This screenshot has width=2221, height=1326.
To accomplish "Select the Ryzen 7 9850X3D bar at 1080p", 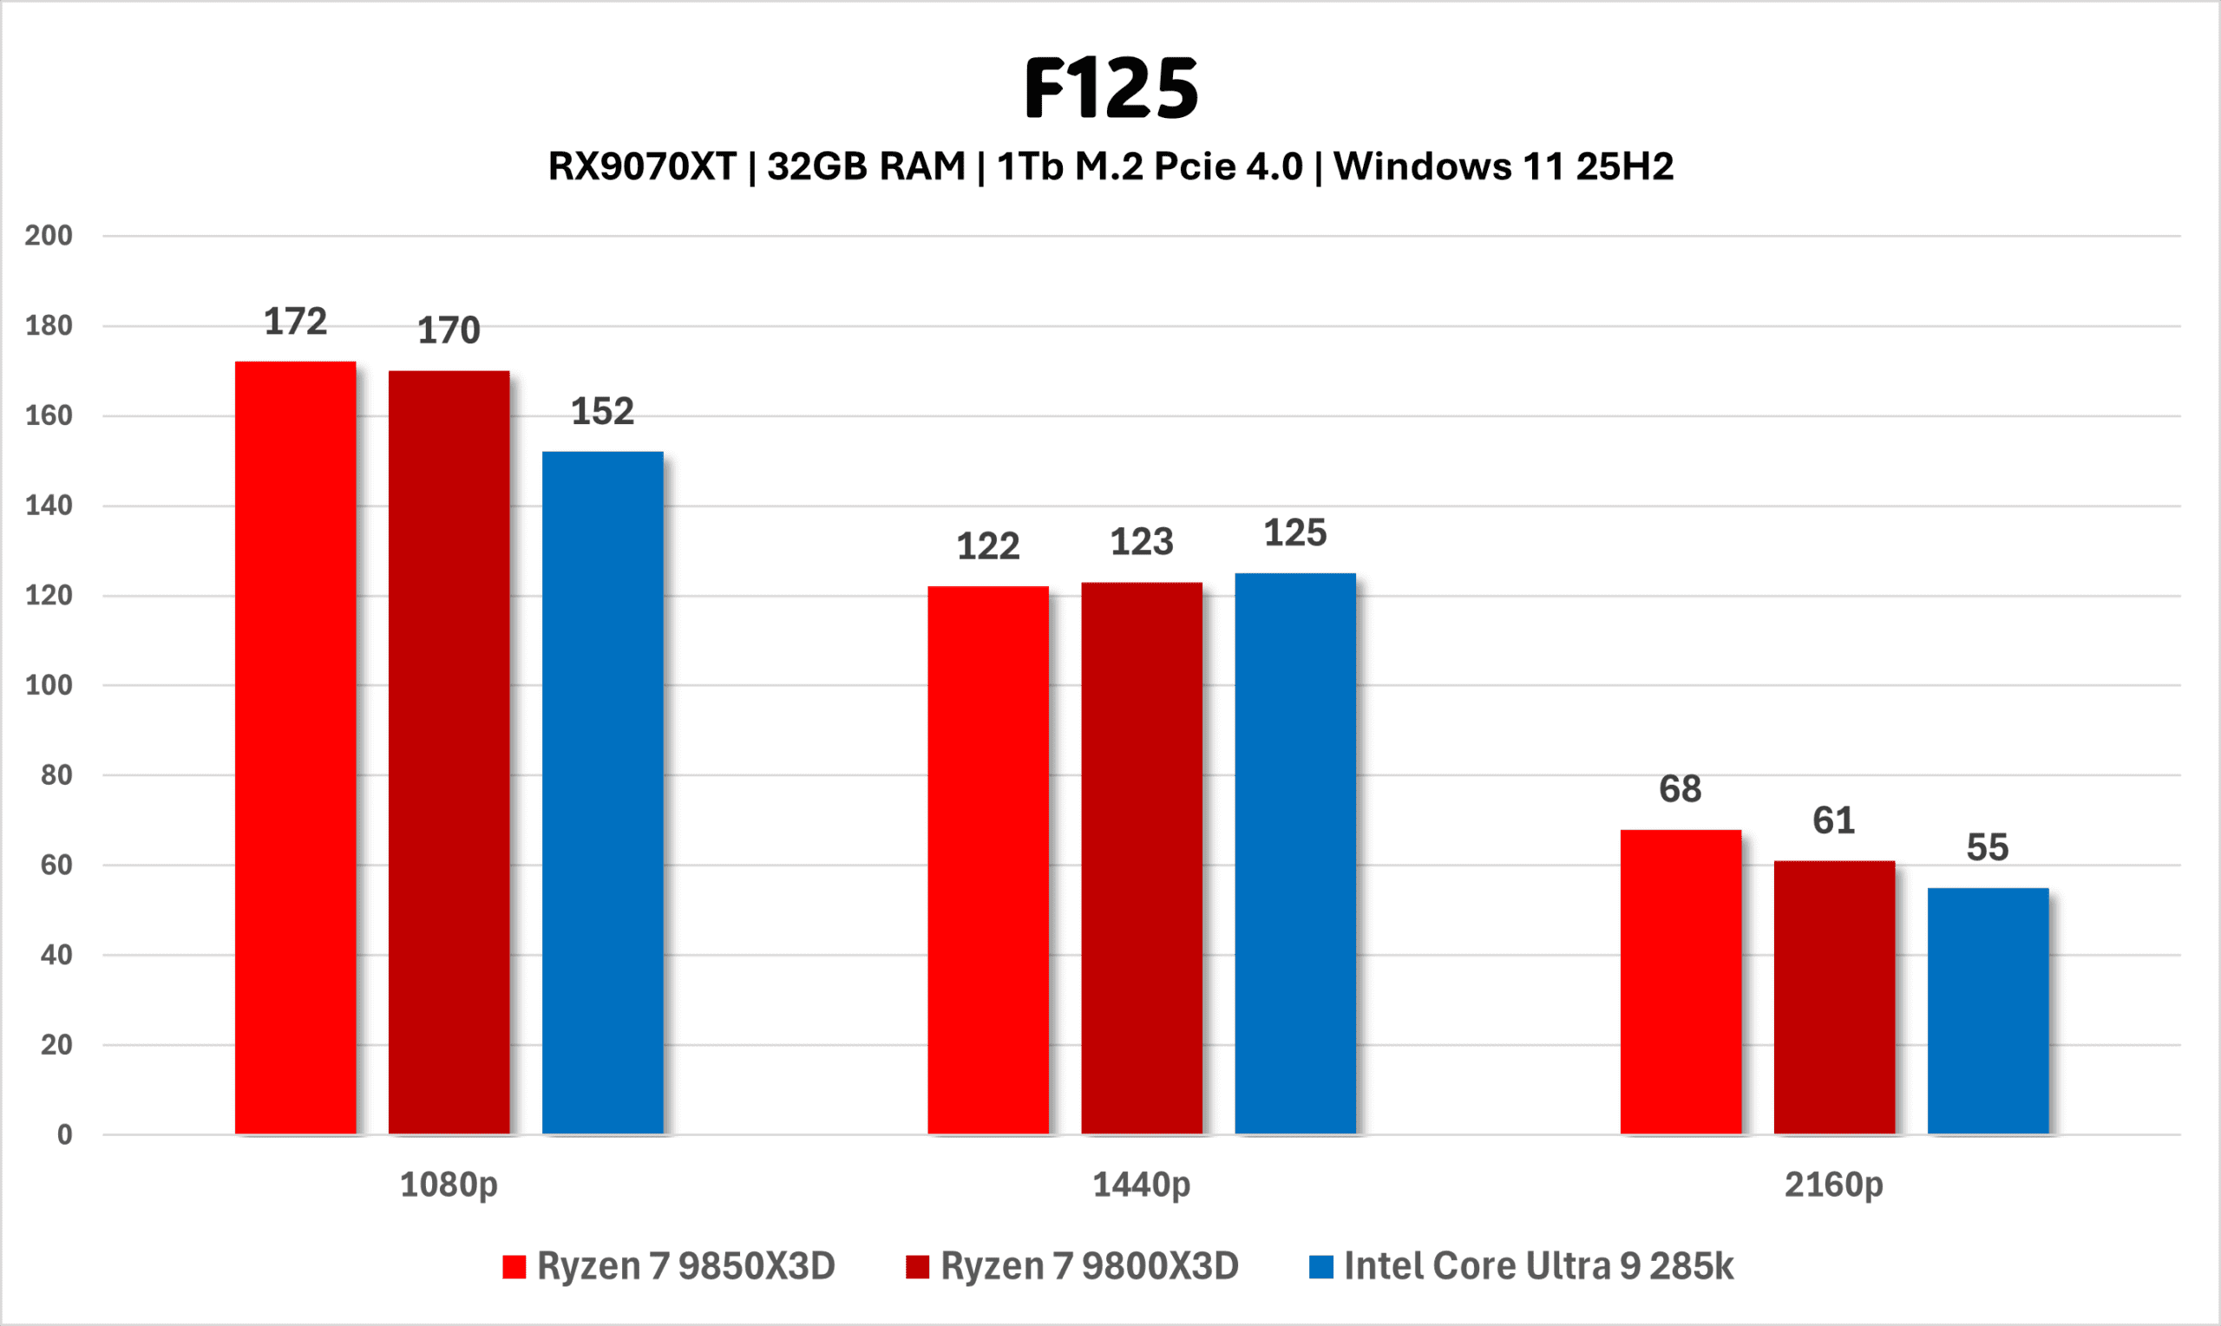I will tap(295, 747).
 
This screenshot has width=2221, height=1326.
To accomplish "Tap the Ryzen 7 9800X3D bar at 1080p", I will tap(449, 752).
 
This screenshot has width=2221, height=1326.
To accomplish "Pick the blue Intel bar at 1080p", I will tap(602, 792).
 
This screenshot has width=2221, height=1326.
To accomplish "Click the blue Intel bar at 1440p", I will tap(1295, 852).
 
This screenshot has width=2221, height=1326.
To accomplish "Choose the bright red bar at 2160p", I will tap(1680, 981).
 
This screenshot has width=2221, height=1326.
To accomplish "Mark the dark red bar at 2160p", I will tap(1834, 996).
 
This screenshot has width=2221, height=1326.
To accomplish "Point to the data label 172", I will tap(295, 322).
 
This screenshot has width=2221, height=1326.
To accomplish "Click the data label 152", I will tap(602, 412).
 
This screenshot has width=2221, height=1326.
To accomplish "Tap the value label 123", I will tap(1142, 542).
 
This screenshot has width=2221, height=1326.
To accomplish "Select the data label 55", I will tap(1988, 848).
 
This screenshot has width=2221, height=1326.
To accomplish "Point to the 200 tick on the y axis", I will tap(49, 236).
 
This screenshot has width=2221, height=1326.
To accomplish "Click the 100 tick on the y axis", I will tap(49, 685).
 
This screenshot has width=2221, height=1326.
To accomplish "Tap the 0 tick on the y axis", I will tap(64, 1135).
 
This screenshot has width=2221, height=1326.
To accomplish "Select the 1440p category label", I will tap(1142, 1185).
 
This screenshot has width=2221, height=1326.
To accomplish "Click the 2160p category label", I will tap(1834, 1185).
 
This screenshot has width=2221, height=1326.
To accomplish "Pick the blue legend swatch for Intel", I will tap(1321, 1267).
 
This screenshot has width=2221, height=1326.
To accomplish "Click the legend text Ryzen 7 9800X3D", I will tap(1090, 1267).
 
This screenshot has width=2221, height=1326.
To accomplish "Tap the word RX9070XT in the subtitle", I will tap(642, 167).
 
